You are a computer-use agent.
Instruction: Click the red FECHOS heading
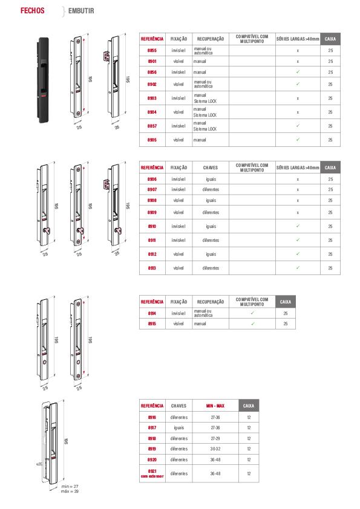point(33,11)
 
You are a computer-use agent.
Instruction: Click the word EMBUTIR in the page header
point(81,11)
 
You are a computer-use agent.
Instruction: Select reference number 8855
point(152,51)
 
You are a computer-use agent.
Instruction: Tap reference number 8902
point(152,85)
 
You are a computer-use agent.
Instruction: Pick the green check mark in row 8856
point(298,72)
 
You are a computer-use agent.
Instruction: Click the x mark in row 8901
point(298,62)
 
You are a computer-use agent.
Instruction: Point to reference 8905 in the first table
point(152,140)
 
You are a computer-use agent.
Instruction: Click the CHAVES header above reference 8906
point(211,168)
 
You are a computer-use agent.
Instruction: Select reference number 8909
point(152,213)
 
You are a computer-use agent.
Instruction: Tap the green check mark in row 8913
point(298,267)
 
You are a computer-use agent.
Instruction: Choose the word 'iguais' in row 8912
point(211,254)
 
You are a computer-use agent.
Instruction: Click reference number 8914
point(152,314)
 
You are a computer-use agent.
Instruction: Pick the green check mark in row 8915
point(253,323)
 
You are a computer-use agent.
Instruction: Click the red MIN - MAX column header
point(215,406)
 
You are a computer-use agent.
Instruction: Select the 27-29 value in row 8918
point(215,438)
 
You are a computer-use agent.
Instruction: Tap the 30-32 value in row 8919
point(215,449)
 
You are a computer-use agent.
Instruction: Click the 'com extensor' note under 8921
point(152,476)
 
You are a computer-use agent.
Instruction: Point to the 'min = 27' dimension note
point(70,486)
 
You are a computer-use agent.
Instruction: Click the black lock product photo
point(42,80)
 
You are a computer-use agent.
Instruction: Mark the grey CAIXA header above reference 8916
point(249,406)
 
